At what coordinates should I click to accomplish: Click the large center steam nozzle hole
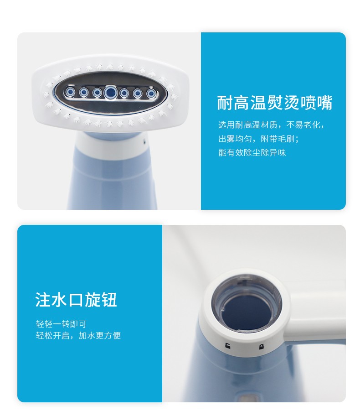tap(110, 92)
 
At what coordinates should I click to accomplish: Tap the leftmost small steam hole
tap(70, 92)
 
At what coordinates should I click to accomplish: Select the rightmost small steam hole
tap(151, 94)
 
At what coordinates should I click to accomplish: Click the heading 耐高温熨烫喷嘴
tap(275, 103)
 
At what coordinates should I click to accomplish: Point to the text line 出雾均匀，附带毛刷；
tap(258, 139)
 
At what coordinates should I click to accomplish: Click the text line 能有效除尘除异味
tap(252, 152)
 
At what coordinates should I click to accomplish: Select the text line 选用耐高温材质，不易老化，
tap(271, 125)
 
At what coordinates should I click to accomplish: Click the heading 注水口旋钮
tap(76, 300)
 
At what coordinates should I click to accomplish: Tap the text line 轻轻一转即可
tap(61, 324)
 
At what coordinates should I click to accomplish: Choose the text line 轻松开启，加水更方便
tap(78, 336)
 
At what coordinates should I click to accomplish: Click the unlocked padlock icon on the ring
tap(228, 347)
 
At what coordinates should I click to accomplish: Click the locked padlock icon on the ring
tap(261, 347)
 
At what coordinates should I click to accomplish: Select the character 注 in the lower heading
tap(43, 300)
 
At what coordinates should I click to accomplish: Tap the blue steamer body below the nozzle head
tap(113, 183)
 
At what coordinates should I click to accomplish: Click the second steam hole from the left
tap(83, 92)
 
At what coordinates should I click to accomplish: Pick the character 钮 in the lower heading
tap(109, 300)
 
